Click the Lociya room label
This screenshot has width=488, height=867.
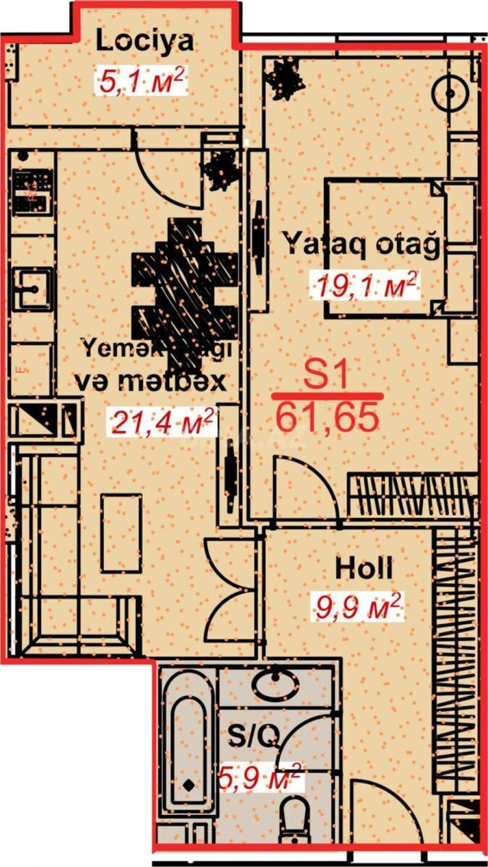click(144, 41)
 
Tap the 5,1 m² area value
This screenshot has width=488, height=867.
click(142, 81)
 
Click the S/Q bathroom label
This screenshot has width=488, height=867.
click(253, 736)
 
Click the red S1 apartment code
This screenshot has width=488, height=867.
click(325, 374)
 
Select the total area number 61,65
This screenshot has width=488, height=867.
click(326, 418)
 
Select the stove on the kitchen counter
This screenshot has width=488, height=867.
click(33, 192)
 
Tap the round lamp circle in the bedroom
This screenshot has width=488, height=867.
click(450, 94)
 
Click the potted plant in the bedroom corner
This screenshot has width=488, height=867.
click(283, 80)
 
